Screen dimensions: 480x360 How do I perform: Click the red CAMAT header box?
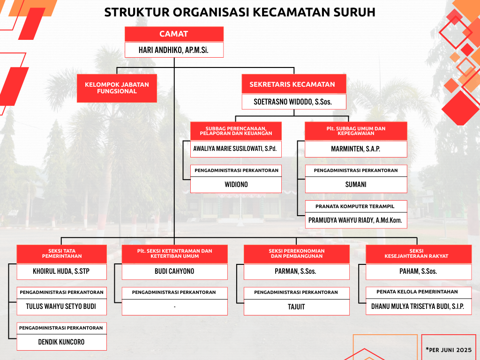coord(174,34)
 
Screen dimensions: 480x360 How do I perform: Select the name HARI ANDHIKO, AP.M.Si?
coord(173,50)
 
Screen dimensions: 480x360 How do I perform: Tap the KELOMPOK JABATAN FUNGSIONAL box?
coord(117,88)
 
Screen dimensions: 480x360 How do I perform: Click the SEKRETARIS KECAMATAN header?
coord(294,84)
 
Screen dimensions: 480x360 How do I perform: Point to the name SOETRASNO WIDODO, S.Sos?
coord(292,102)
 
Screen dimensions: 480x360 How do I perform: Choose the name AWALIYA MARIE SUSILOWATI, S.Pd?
coord(235,149)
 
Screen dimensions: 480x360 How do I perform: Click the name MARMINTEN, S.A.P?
coord(356,149)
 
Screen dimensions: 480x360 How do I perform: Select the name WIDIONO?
coord(236,185)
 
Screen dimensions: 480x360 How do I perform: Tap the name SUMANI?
coord(356,185)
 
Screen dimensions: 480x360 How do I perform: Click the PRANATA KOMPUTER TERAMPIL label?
coord(355,206)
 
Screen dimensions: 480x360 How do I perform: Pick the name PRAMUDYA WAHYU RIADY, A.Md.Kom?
coord(355,220)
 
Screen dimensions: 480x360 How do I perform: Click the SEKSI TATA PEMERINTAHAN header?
coord(62,254)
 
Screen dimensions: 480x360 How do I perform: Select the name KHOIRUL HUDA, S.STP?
coord(61,271)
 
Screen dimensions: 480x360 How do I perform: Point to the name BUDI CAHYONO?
coord(174,271)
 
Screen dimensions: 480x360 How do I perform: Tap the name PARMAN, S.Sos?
coord(295,271)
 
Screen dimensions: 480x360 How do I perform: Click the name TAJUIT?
coord(296,307)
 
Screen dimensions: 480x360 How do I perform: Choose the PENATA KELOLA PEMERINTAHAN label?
coord(417,292)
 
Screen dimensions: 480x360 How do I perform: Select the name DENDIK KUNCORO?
coord(61,342)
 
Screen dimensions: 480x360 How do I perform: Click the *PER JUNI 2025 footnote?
coord(449,350)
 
